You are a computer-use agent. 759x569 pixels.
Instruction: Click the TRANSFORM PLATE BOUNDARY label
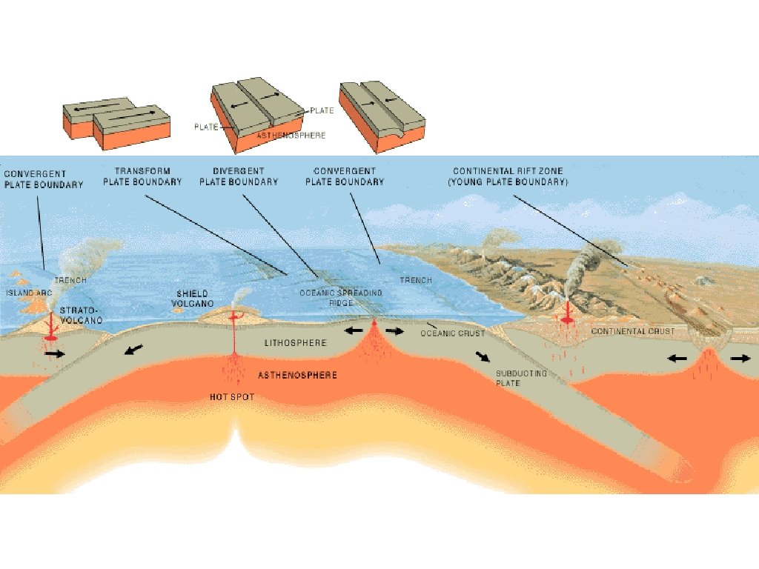(142, 176)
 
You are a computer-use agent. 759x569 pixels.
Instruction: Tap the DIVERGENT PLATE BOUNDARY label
(239, 176)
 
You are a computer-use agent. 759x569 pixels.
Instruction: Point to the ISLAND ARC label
(20, 293)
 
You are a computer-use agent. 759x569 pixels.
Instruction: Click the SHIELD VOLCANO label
(195, 299)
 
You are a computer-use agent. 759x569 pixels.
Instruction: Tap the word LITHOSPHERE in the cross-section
(296, 343)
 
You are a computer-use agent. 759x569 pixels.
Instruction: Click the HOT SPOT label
(232, 397)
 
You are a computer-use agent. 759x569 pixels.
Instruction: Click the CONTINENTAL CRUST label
(632, 331)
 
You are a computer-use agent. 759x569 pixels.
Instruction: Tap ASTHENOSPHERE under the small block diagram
(290, 136)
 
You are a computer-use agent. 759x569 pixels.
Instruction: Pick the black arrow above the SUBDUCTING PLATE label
(483, 355)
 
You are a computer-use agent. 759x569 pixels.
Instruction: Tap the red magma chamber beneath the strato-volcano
(52, 338)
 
